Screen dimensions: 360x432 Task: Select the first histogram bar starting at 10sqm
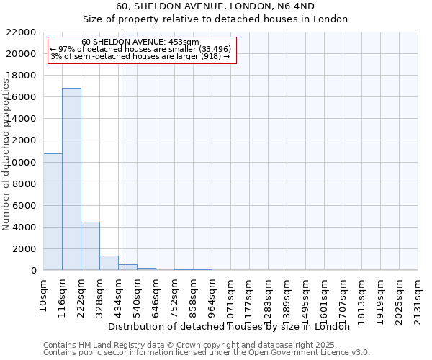[53, 212]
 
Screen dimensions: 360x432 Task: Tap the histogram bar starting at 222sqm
[90, 246]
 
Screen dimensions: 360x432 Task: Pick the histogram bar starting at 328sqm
[109, 263]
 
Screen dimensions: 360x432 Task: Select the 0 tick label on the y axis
[33, 271]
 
